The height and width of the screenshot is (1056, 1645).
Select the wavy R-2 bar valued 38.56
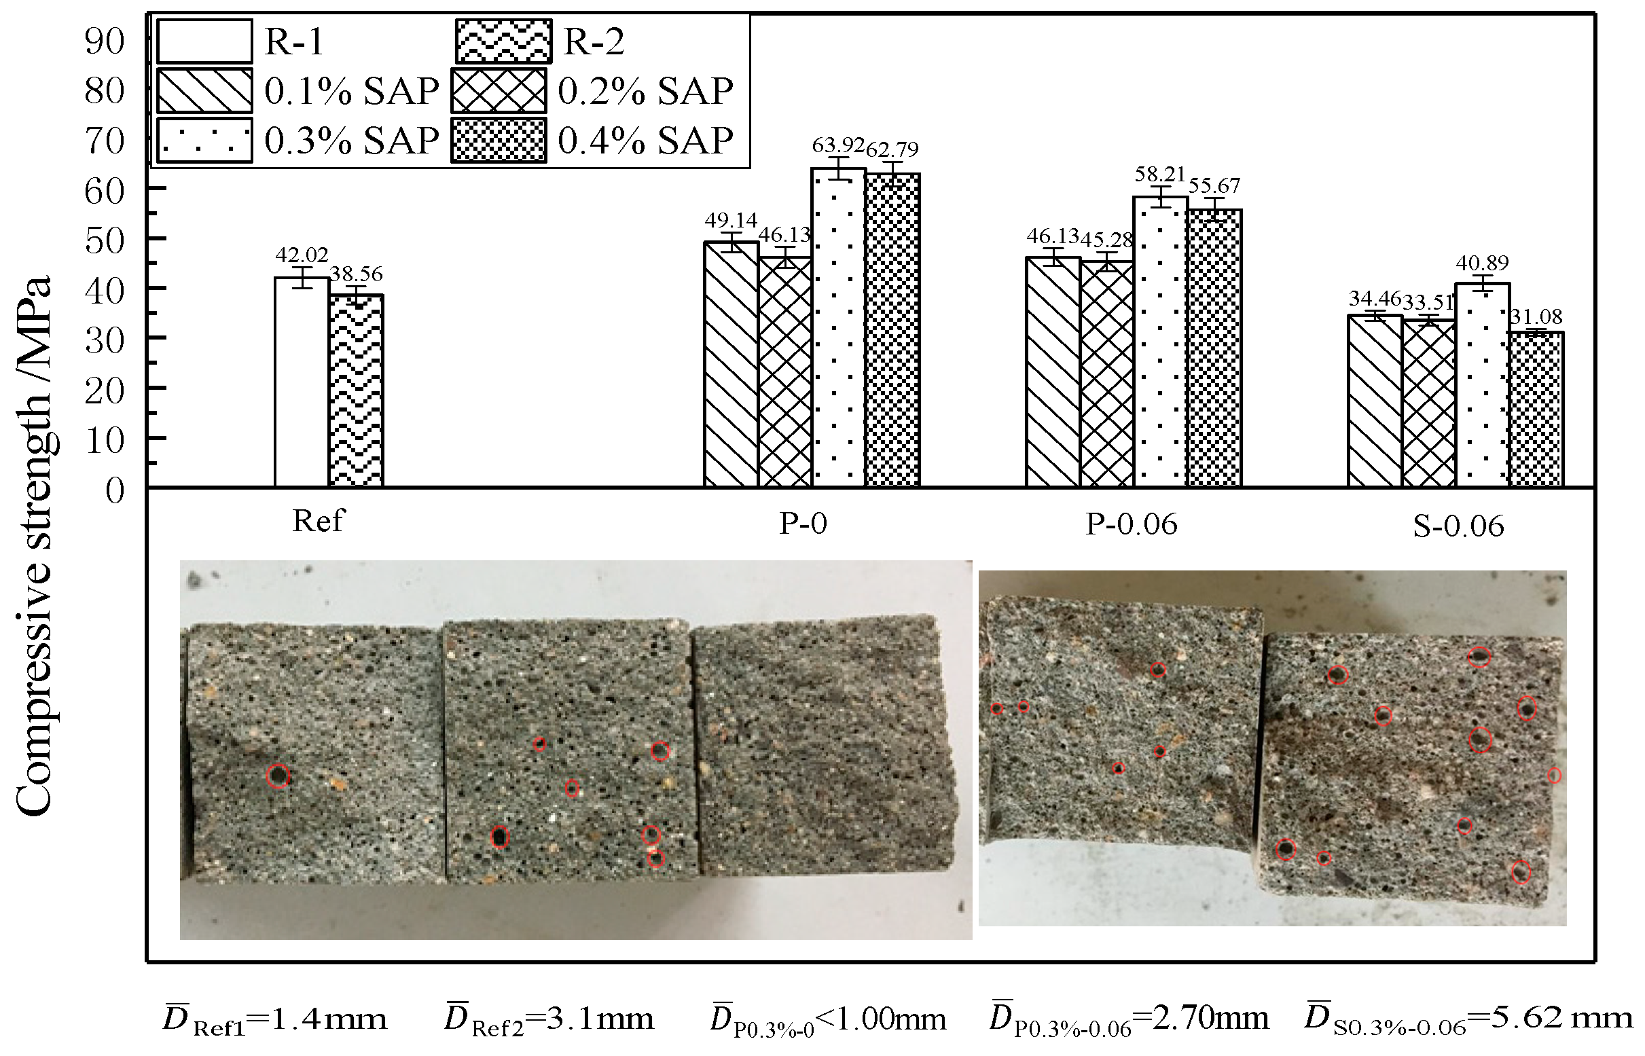(355, 391)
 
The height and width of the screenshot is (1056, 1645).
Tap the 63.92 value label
(838, 145)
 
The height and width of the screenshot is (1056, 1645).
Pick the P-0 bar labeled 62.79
(892, 330)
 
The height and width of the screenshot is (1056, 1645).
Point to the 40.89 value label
(1482, 263)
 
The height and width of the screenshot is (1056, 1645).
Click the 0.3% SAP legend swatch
(204, 141)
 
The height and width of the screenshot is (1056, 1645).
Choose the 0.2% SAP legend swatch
(499, 90)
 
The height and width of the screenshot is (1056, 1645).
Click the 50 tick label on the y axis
(104, 240)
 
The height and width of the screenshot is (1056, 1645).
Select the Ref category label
(317, 521)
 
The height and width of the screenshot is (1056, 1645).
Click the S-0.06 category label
(1458, 526)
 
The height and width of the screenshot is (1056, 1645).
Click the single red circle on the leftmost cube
(278, 776)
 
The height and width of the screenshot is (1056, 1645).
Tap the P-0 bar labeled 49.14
(731, 364)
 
